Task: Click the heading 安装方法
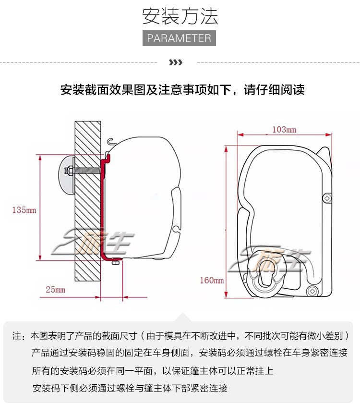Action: click(180, 16)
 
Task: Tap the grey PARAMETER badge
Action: click(180, 38)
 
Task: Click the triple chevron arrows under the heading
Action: click(176, 62)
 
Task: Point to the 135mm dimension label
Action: click(24, 210)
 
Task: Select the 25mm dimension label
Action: click(55, 290)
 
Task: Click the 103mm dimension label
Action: click(284, 130)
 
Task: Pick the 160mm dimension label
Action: click(212, 281)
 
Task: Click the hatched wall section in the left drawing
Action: click(87, 202)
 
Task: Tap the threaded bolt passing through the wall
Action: click(86, 170)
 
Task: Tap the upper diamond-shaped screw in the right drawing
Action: click(327, 197)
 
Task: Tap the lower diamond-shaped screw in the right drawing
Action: click(312, 291)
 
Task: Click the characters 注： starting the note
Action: click(18, 335)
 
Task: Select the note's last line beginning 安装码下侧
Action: click(130, 388)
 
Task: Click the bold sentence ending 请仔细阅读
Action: click(182, 90)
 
